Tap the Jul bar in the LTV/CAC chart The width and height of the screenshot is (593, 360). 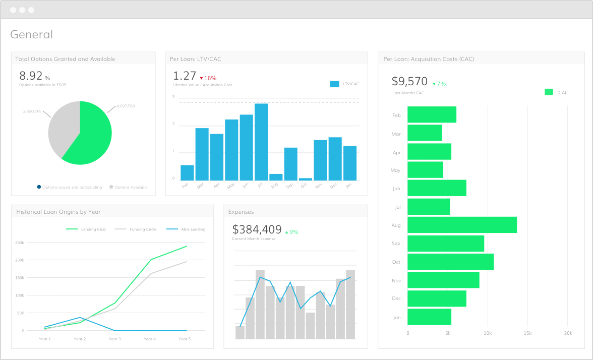click(x=261, y=142)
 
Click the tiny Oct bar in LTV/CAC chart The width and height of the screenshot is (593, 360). click(x=305, y=179)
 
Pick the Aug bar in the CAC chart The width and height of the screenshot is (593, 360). click(x=462, y=225)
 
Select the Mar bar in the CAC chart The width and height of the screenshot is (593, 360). click(x=425, y=133)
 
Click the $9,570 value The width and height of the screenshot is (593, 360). click(x=409, y=82)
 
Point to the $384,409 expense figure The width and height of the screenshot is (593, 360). click(x=257, y=230)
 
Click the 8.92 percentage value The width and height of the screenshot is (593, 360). click(x=31, y=76)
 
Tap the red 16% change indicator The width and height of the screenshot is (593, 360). click(x=208, y=78)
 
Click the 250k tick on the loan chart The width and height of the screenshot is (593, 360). click(x=20, y=243)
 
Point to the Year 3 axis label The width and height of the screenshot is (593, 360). click(x=114, y=339)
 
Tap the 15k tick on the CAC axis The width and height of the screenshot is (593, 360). click(x=527, y=333)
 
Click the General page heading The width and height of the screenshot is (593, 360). click(x=31, y=35)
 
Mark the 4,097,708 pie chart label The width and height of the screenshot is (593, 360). click(x=125, y=106)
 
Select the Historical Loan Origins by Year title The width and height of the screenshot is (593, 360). click(x=58, y=212)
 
